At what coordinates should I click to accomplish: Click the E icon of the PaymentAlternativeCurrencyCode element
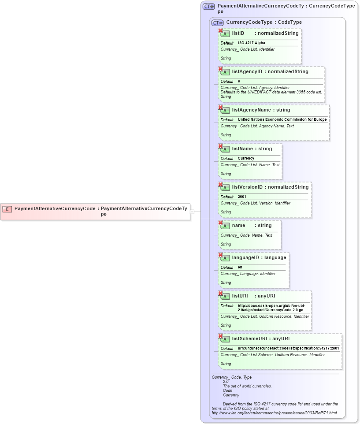click(7, 209)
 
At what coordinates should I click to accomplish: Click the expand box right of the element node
click(192, 212)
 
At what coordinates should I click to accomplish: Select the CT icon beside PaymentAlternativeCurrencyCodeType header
click(208, 7)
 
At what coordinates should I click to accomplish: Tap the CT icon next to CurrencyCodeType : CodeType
click(217, 22)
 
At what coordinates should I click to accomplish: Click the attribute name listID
click(238, 33)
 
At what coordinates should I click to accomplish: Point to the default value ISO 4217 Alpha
click(251, 43)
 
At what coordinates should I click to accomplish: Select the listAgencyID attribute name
click(247, 71)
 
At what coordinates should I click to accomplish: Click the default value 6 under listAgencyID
click(239, 82)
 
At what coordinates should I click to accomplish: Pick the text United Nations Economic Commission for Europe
click(282, 120)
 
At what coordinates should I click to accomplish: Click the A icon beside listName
click(225, 149)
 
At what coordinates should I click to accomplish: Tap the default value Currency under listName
click(246, 158)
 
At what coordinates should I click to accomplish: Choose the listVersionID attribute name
click(247, 187)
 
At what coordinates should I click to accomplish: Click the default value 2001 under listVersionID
click(242, 197)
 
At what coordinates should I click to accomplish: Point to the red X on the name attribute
click(220, 223)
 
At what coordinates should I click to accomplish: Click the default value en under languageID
click(240, 268)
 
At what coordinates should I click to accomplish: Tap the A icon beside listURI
click(225, 296)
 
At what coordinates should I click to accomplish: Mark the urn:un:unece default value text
click(288, 348)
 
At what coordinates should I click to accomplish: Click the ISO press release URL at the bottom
click(274, 413)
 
